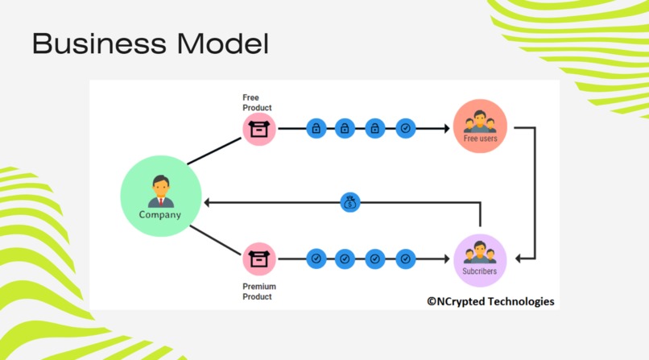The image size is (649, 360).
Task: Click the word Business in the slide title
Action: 99,43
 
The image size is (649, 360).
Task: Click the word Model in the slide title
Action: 223,43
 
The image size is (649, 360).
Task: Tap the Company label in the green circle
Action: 159,215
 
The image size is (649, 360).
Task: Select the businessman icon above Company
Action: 161,191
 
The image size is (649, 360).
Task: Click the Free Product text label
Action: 257,102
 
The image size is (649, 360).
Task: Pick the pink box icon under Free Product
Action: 259,129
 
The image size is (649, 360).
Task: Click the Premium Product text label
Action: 259,292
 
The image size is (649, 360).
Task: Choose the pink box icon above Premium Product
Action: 259,259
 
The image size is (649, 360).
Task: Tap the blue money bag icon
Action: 349,203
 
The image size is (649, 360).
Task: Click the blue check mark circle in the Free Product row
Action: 406,128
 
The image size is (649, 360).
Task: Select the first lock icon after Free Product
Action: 316,128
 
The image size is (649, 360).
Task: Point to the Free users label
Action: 480,139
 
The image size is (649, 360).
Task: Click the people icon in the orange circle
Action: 480,122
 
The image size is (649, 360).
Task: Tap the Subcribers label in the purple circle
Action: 479,271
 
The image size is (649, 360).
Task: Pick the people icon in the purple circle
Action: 480,252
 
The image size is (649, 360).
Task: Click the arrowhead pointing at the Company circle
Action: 207,203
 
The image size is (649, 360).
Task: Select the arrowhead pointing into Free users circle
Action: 447,129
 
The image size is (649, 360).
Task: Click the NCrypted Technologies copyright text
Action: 490,301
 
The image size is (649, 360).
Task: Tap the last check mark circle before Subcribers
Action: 406,259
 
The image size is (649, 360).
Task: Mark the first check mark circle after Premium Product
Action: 316,259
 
